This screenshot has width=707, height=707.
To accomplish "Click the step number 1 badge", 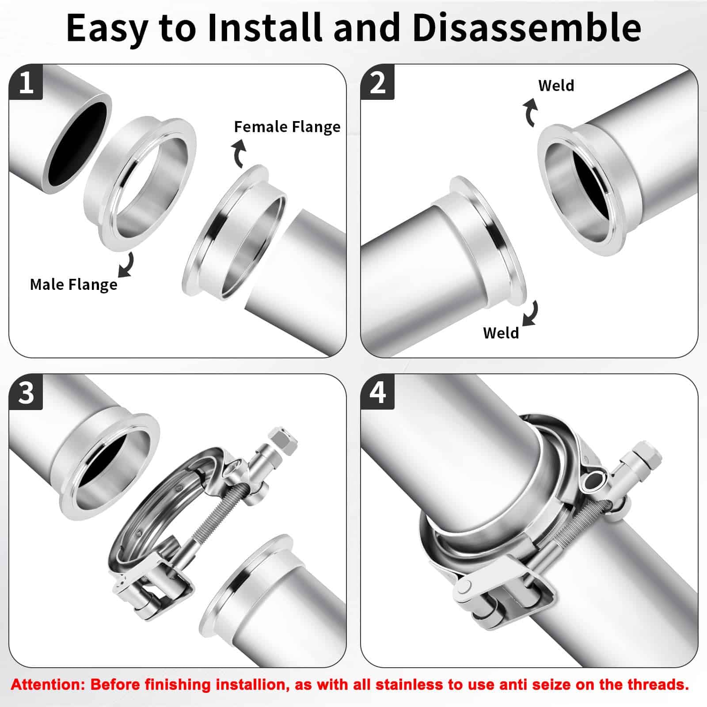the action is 26,82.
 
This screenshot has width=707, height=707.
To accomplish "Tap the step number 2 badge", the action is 377,82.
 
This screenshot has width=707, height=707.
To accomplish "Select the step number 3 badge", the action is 26,392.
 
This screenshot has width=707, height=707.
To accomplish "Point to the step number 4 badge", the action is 377,392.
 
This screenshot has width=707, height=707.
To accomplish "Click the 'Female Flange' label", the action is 287,127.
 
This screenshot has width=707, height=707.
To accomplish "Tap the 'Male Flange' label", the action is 74,285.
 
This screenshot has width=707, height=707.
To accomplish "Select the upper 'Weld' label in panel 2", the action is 556,85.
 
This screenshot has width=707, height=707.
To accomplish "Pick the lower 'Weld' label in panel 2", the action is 501,333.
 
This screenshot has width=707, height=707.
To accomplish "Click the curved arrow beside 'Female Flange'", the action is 238,152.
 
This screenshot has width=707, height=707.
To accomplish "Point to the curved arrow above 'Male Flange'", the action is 127,265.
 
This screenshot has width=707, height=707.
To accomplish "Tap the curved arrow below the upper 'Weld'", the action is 529,113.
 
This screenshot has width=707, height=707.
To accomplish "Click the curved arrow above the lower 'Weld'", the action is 532,313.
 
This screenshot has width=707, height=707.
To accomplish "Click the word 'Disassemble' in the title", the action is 527,27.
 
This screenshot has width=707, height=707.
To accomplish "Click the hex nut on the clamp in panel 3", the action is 281,440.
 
